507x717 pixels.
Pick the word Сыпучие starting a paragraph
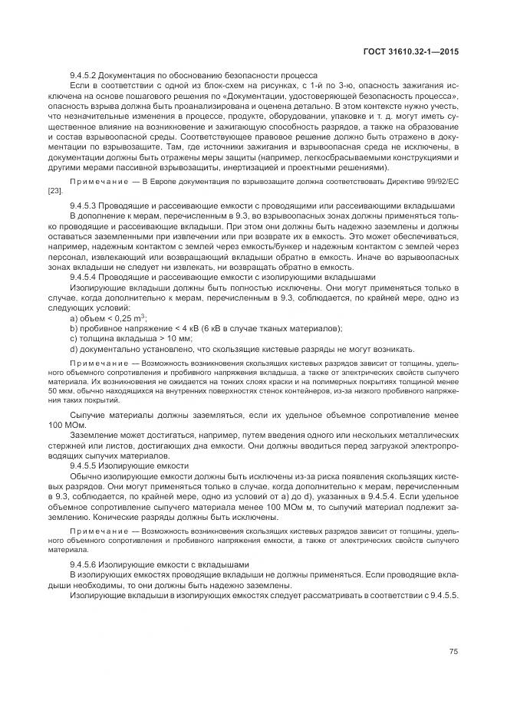(88, 415)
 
